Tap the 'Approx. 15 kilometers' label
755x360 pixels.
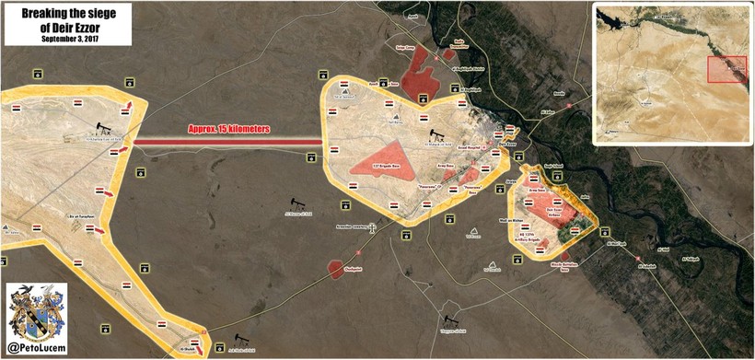[228, 130]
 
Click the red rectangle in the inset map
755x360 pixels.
[726, 70]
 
